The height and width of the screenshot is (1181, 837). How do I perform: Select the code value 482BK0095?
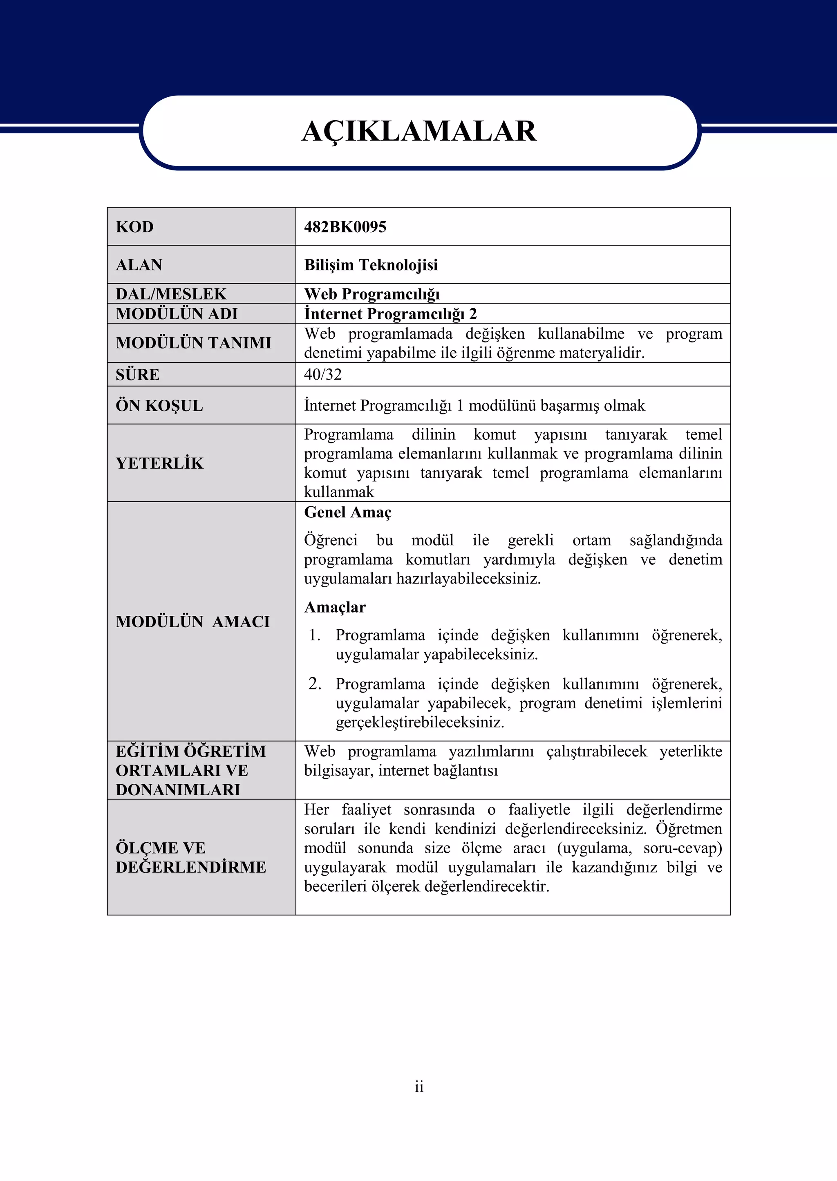click(x=345, y=227)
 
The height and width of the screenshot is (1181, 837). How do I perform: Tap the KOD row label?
click(x=134, y=227)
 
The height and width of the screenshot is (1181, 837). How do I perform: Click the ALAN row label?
click(x=139, y=265)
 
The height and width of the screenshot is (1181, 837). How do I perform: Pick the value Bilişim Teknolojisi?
click(x=371, y=265)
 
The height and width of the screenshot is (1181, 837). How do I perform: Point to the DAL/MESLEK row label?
click(x=170, y=294)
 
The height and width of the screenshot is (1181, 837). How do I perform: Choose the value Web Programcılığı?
click(x=372, y=294)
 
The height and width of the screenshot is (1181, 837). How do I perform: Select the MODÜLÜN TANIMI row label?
click(x=193, y=343)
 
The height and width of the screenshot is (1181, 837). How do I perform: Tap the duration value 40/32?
click(x=322, y=374)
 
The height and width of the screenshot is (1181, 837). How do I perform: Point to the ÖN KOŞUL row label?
click(x=159, y=405)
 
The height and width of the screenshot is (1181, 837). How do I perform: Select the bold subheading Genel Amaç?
click(x=348, y=512)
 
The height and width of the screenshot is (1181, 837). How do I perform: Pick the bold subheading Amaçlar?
click(x=335, y=607)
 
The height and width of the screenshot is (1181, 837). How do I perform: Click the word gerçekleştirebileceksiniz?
click(x=420, y=722)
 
